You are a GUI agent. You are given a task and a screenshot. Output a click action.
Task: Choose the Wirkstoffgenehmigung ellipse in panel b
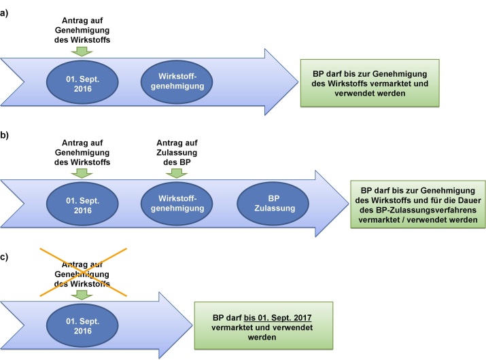point(175,206)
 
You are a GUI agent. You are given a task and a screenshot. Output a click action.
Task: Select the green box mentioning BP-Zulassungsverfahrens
point(415,204)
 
